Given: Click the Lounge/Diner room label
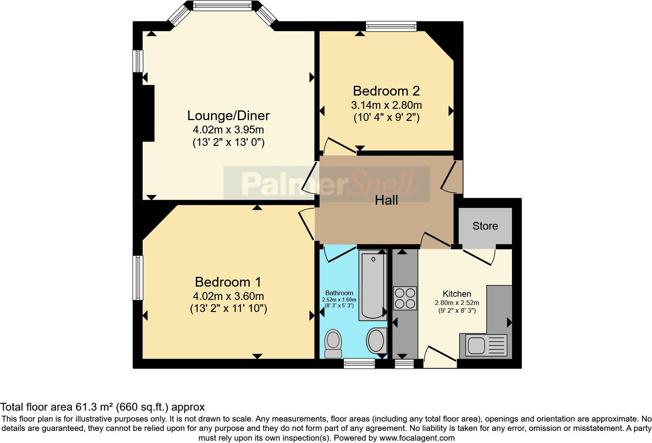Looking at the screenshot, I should point(228,115).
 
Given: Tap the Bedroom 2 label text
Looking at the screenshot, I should point(386,91).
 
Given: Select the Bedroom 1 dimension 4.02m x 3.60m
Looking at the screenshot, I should point(228,296).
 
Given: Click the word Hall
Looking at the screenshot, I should point(386,200).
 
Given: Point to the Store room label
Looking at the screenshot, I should point(485,226).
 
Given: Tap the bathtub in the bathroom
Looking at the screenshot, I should point(373,285).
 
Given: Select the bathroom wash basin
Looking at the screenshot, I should point(376,340).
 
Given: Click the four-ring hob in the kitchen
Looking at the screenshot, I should point(405,298).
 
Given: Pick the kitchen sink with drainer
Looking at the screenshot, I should point(484,346).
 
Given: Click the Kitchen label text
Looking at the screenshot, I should point(457,294).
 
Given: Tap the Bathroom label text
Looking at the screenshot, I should point(339,293).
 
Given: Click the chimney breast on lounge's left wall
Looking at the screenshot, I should point(149,113).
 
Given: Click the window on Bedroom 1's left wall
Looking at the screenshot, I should point(138,277).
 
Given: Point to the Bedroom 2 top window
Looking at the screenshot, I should point(391,26).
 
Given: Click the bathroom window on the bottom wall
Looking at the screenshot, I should point(359,364).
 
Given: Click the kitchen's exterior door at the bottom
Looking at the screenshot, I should point(440,357).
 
